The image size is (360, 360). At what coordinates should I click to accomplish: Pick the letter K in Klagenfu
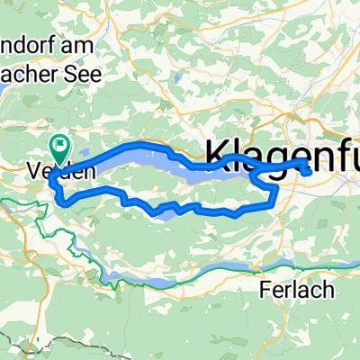[x=220, y=155]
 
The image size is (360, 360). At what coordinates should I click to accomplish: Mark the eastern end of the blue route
[x=309, y=168]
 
